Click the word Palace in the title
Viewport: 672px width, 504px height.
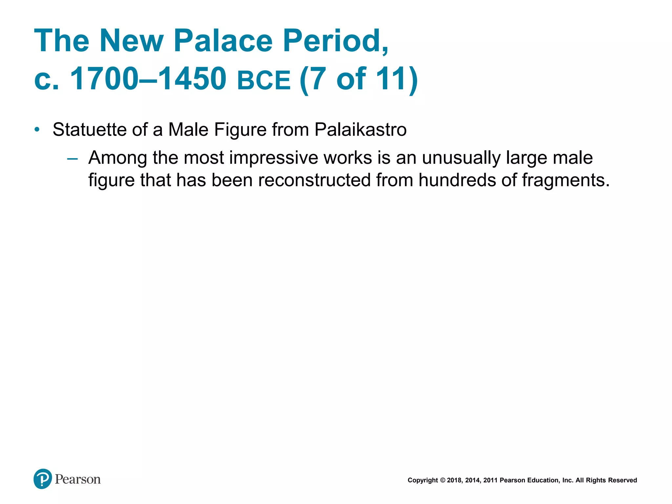[223, 41]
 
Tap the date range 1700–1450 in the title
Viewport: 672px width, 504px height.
[148, 79]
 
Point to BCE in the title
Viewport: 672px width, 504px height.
[264, 80]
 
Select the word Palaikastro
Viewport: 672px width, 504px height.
[361, 129]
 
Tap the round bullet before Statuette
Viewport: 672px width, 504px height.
[37, 130]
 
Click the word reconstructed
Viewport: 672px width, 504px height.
[314, 180]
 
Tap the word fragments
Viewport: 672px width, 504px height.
[565, 180]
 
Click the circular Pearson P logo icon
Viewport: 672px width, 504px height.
[43, 479]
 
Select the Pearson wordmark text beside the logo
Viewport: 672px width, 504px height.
[78, 479]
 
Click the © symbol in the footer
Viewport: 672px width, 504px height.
[442, 480]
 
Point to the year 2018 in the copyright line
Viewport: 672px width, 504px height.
[454, 480]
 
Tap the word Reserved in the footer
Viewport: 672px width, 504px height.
[623, 480]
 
